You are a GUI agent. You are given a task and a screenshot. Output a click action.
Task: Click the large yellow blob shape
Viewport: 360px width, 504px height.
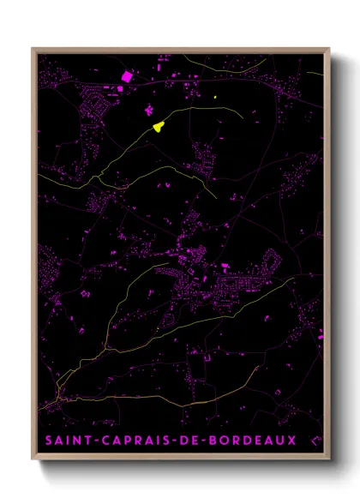159,127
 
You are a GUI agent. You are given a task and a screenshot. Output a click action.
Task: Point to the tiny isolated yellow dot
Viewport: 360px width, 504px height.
214,98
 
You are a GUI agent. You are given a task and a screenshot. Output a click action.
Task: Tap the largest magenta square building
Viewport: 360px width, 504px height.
128,76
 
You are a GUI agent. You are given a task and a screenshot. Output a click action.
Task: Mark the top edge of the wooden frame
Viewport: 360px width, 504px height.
180,50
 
